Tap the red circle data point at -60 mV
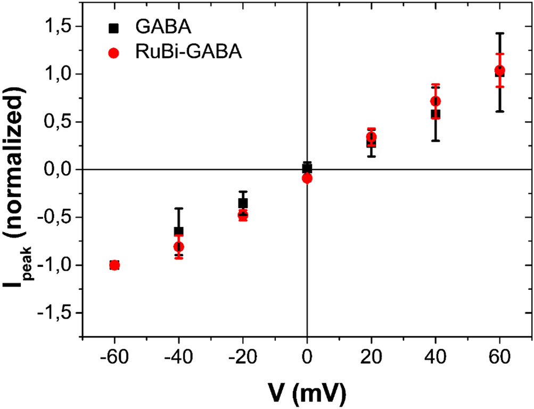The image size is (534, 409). (114, 265)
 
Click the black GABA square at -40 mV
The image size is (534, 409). (179, 231)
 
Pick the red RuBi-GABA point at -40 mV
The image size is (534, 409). (179, 247)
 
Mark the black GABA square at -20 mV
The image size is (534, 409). (243, 203)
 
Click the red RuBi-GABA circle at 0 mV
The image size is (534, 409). (307, 178)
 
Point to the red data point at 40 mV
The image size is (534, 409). (436, 101)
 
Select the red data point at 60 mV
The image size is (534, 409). (499, 70)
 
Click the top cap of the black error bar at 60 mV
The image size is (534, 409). (499, 34)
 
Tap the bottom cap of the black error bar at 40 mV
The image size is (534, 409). (436, 141)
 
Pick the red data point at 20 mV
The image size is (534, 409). (372, 137)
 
